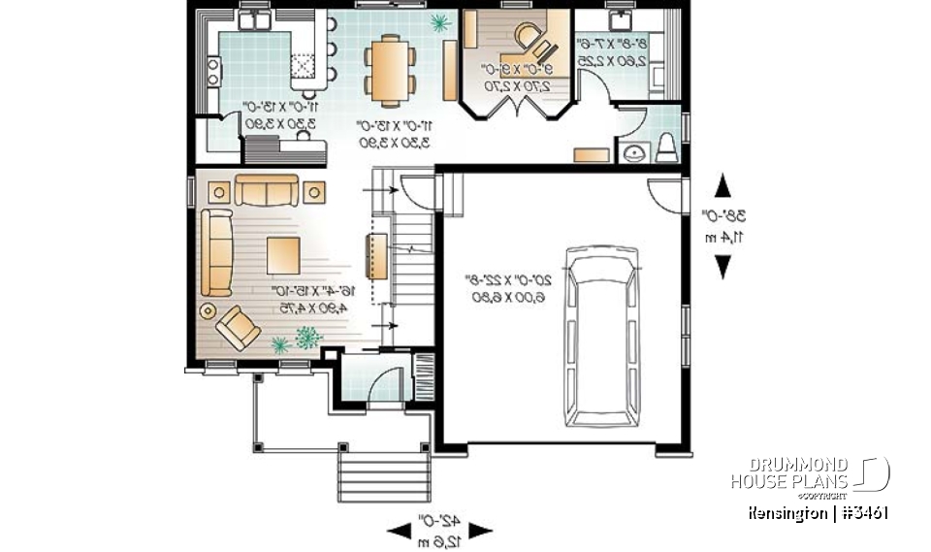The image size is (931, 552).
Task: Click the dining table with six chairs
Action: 390,70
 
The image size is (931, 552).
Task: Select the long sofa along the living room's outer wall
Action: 218,251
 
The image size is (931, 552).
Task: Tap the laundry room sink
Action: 618,19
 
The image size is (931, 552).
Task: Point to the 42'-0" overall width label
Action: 439,530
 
